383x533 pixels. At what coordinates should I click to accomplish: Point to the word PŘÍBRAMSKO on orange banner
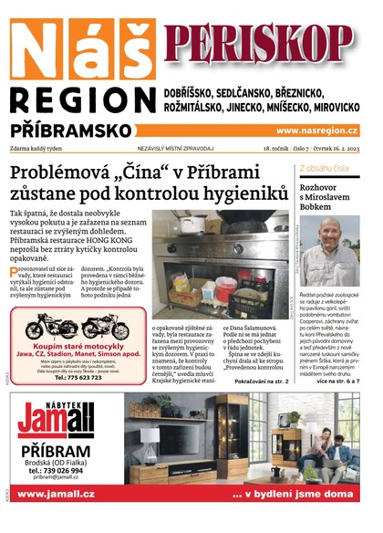[x=69, y=131]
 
